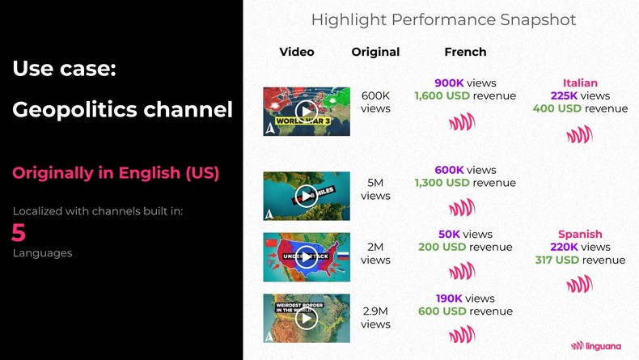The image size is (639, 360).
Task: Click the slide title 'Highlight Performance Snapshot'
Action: (x=443, y=19)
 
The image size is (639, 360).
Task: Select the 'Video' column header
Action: (x=297, y=52)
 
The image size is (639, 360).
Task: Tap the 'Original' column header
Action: (x=375, y=52)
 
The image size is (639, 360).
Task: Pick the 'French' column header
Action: (x=465, y=52)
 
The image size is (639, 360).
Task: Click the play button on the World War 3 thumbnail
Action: (x=306, y=111)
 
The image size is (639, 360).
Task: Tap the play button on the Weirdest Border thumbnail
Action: (x=306, y=318)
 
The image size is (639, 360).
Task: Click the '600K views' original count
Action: (x=375, y=102)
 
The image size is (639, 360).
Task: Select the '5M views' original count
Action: (x=375, y=189)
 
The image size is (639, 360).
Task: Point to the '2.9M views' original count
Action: (x=375, y=317)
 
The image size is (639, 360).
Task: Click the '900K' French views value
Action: (x=449, y=83)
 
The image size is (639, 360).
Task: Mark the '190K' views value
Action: (x=448, y=299)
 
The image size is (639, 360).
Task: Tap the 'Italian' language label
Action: (x=580, y=83)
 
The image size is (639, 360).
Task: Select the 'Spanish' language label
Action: (x=580, y=235)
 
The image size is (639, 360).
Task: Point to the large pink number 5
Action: (x=19, y=233)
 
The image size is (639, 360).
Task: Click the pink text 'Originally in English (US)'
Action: (x=116, y=172)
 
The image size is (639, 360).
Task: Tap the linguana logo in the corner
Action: (x=599, y=345)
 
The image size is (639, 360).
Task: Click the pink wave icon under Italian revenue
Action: (x=579, y=134)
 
